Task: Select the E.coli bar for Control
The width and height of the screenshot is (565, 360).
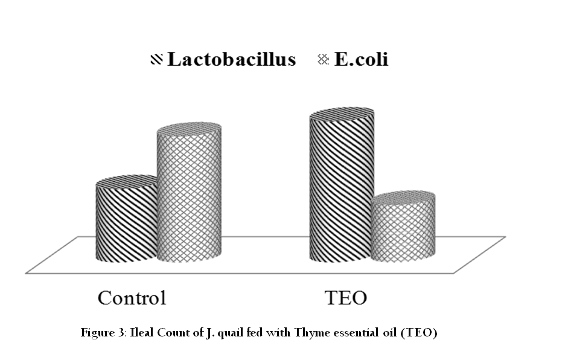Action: click(x=189, y=192)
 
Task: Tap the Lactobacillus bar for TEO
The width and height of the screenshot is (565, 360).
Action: click(x=341, y=184)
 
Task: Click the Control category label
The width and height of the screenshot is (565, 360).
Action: click(x=132, y=298)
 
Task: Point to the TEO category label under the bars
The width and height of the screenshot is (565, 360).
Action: click(x=346, y=298)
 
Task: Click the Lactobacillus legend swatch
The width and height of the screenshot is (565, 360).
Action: click(x=157, y=59)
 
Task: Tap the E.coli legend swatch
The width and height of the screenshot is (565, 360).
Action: click(x=323, y=59)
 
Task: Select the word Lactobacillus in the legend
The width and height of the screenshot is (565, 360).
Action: click(x=231, y=59)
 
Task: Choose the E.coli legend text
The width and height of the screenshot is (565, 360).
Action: click(x=362, y=59)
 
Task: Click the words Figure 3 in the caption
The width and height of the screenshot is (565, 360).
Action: click(x=103, y=332)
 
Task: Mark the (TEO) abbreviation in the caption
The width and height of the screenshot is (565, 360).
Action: click(x=419, y=332)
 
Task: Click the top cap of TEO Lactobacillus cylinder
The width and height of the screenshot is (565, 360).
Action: click(x=342, y=114)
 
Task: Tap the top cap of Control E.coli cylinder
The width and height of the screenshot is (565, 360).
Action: click(x=189, y=129)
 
